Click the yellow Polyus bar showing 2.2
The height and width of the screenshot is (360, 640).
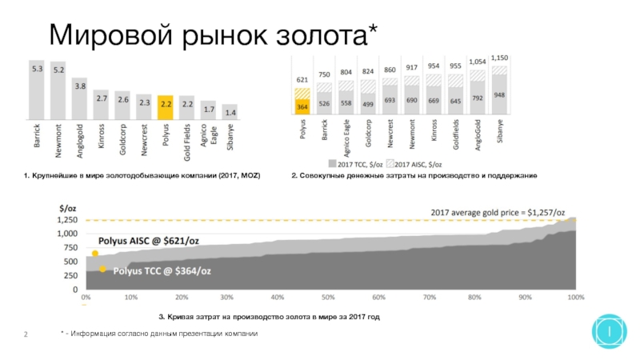coord(166,107)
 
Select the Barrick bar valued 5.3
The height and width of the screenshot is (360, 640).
coord(37,90)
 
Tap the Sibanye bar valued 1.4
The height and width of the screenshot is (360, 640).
coord(230,112)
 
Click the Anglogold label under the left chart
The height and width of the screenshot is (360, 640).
coord(80,141)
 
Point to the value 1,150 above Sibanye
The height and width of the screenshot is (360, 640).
coord(499,58)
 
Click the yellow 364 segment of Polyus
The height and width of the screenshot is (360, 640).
coord(302,106)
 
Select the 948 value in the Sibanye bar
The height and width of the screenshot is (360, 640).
coord(499,95)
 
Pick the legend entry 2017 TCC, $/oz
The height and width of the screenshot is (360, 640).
coord(355,164)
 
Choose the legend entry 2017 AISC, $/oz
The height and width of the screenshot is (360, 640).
coord(414,164)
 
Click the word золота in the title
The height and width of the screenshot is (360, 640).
coord(322,35)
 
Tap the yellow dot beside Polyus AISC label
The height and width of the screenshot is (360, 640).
coord(95,254)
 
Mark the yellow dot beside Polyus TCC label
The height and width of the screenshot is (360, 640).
coord(102,269)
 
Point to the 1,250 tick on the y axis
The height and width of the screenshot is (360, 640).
coord(67,220)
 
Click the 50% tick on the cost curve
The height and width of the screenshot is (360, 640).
coord(328,297)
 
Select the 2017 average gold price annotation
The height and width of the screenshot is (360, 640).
coord(498,213)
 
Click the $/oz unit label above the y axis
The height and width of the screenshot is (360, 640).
coord(68,209)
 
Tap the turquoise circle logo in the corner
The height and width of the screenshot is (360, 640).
coord(610,331)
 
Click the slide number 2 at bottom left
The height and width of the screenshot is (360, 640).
coord(26,334)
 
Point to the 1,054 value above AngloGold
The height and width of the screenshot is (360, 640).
coord(477,62)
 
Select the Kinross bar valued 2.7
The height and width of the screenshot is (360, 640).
coord(102,105)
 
